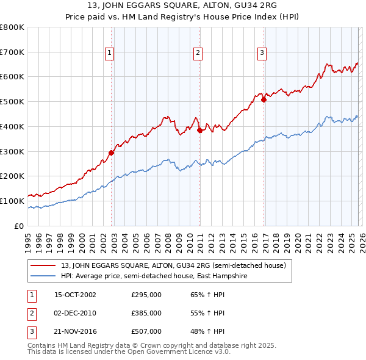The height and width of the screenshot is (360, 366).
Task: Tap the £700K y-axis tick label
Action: tap(12, 52)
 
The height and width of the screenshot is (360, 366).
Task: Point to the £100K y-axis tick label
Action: tap(12, 201)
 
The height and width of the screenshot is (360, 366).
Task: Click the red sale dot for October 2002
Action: tap(112, 153)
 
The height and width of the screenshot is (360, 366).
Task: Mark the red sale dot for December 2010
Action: tap(199, 130)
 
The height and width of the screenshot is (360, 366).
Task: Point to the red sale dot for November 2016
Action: tap(264, 100)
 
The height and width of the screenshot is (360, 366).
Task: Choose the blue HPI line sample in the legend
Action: tap(44, 276)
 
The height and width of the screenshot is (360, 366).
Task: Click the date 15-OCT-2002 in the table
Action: tap(75, 295)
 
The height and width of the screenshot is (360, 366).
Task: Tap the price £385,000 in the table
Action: tap(146, 313)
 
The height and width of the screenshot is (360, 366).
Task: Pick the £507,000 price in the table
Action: tap(146, 331)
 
